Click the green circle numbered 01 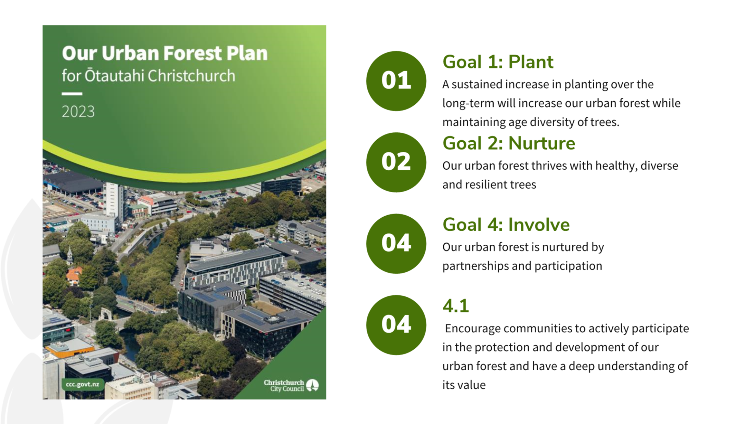tap(396, 81)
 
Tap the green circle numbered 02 tap(396, 162)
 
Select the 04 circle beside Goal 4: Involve tap(396, 244)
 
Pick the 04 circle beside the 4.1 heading tap(396, 325)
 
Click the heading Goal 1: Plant tap(498, 62)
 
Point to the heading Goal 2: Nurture tap(509, 143)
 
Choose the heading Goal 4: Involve tap(506, 224)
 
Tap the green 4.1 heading tap(455, 306)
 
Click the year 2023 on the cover tap(78, 112)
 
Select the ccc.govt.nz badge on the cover tap(82, 384)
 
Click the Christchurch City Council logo tap(291, 385)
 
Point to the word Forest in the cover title tap(193, 53)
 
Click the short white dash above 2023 tap(72, 93)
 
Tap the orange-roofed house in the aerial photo tap(74, 275)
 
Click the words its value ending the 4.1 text tap(464, 385)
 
